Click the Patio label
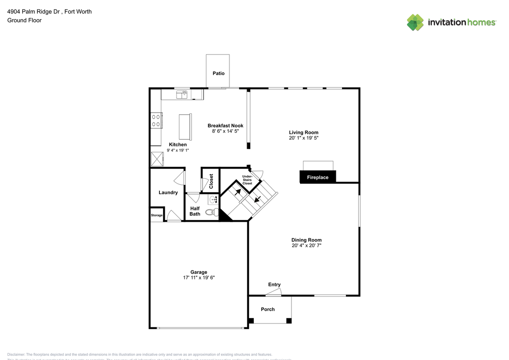218,73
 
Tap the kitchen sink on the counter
182,94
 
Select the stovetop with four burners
156,121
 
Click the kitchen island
185,127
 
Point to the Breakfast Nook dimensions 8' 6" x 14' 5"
225,131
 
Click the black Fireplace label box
317,177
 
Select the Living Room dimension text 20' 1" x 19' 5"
303,138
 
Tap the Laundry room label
168,193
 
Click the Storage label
157,215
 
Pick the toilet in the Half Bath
212,212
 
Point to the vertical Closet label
211,181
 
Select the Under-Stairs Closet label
247,180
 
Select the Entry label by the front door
274,284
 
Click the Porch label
268,309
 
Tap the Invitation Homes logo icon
415,22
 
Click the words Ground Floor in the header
24,20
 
